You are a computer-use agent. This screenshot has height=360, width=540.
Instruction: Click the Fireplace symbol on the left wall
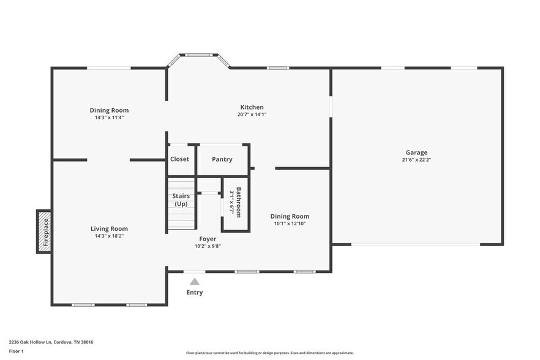pos(44,231)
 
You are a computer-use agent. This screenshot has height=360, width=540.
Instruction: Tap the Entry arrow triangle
pos(194,282)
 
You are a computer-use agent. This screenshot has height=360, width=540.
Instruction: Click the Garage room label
pos(416,152)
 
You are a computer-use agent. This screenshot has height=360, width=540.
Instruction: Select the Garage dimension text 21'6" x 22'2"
pos(416,160)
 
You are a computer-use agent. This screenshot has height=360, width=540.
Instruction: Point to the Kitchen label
pos(252,107)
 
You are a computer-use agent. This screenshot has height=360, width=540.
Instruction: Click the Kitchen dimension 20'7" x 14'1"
pos(252,114)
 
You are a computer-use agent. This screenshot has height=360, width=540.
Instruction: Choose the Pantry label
pos(222,159)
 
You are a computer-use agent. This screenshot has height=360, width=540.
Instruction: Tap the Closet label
pos(179,159)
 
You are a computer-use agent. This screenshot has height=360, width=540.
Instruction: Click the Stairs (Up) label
pos(181,200)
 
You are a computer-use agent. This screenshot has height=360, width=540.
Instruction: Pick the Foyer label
pos(208,239)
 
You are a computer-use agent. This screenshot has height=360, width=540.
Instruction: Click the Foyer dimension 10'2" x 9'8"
pos(208,246)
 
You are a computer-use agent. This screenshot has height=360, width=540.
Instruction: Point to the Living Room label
pos(109,228)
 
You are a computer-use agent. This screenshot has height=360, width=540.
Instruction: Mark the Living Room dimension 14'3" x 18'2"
pos(109,236)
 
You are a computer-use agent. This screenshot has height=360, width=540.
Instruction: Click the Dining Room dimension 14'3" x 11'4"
pos(109,118)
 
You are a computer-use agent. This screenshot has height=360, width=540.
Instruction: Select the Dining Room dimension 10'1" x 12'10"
pos(290,223)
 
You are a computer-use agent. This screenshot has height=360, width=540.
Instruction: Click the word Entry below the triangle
pos(195,293)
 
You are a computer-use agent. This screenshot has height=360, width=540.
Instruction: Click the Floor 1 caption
pos(16,351)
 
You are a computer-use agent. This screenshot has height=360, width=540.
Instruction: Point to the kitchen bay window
pos(198,56)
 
